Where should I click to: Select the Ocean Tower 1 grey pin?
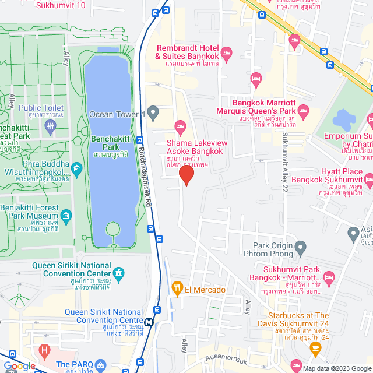(153, 111)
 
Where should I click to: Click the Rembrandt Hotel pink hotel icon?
(227, 52)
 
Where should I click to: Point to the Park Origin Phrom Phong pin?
(301, 249)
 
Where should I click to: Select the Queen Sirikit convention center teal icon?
(119, 273)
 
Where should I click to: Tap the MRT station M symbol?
(150, 321)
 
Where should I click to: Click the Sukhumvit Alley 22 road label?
(285, 169)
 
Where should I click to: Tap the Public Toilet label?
(41, 108)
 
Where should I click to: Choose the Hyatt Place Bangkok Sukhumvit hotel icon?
(367, 177)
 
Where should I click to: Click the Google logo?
(19, 365)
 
